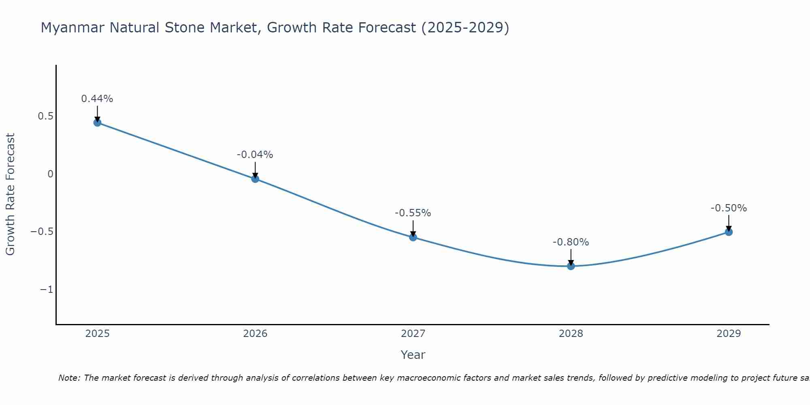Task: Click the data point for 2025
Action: [x=97, y=122]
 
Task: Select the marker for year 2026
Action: [x=255, y=179]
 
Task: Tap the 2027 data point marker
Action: [x=413, y=237]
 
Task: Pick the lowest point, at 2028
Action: [x=571, y=266]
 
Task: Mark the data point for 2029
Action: [x=729, y=232]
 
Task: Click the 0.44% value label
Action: [x=97, y=99]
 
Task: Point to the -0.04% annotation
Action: [x=255, y=155]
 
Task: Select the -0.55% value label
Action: [x=413, y=213]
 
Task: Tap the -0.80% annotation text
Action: [x=571, y=242]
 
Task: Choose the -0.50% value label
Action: [x=729, y=208]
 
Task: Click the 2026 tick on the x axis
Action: [x=255, y=334]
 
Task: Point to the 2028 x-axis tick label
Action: [x=571, y=334]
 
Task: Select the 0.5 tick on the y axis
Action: [x=46, y=116]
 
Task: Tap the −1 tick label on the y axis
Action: [x=47, y=290]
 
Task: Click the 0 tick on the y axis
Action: [x=50, y=174]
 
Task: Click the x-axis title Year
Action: [x=413, y=355]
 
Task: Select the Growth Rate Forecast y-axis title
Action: [x=10, y=194]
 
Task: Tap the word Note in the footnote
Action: [x=69, y=378]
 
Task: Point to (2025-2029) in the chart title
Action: [x=465, y=28]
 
